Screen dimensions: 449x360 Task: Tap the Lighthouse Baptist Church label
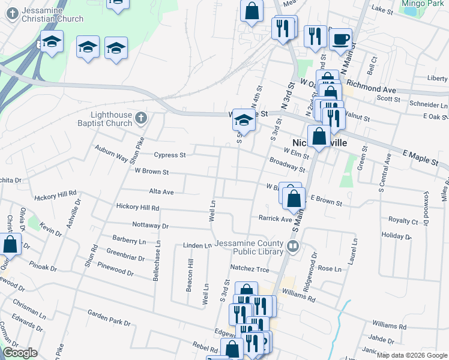tap(111, 119)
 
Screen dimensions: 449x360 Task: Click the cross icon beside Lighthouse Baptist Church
tap(140, 117)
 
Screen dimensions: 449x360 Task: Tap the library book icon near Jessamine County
tap(294, 245)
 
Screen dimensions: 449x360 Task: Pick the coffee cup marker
tap(340, 40)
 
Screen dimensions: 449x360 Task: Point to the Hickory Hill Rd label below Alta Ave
tap(138, 208)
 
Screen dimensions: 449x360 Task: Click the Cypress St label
tap(170, 155)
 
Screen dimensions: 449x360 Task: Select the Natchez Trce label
tap(250, 269)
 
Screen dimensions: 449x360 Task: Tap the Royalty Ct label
tap(403, 221)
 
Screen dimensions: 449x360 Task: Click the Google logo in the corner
tap(20, 353)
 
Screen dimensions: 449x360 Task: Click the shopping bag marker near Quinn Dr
tap(10, 245)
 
